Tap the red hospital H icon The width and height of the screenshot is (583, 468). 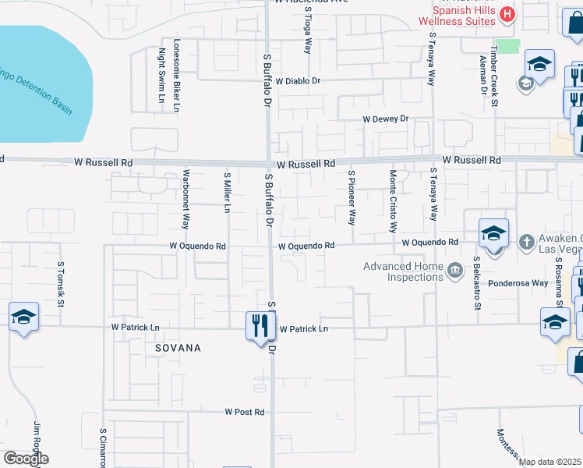point(507,13)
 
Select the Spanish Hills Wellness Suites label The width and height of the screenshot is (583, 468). point(465,15)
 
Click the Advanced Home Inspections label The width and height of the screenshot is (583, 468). point(403,271)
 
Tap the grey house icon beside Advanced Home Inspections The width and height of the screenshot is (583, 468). point(454,271)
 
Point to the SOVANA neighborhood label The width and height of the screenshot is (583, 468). point(178,348)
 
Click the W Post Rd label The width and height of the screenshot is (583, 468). point(245,411)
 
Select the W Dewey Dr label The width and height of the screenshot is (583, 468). point(386,119)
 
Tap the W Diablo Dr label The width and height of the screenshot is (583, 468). point(297,80)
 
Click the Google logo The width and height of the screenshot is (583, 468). point(26,458)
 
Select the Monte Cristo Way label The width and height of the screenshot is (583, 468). point(394,201)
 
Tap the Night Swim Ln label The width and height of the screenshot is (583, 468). point(162,75)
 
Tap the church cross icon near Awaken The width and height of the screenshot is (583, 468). point(526,241)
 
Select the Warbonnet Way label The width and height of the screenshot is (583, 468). point(185,199)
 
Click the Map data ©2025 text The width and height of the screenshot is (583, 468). point(549,462)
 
